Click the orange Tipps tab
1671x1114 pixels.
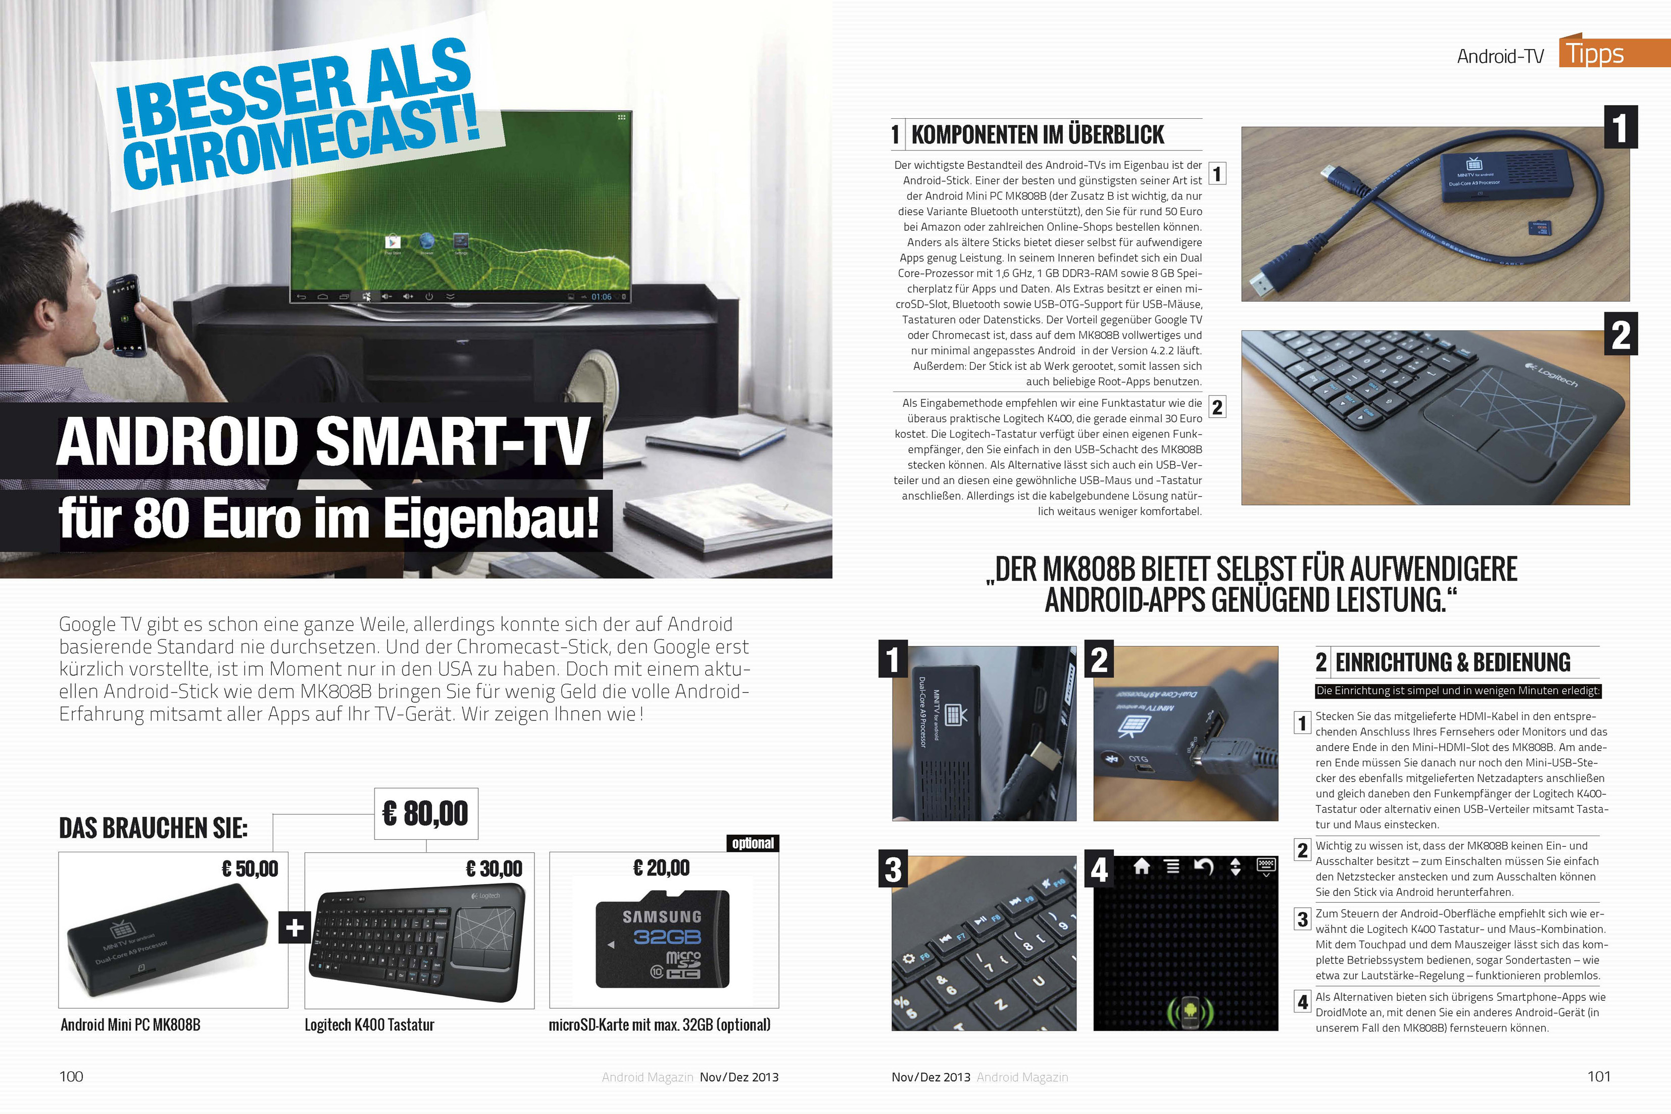pyautogui.click(x=1614, y=53)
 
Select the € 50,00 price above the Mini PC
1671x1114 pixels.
pyautogui.click(x=250, y=868)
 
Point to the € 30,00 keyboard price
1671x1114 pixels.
pyautogui.click(x=494, y=868)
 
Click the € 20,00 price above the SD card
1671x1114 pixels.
pyautogui.click(x=661, y=867)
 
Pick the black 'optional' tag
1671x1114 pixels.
pyautogui.click(x=753, y=843)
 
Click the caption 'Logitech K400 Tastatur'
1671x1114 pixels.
pyautogui.click(x=369, y=1025)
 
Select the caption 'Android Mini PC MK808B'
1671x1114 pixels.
pyautogui.click(x=131, y=1025)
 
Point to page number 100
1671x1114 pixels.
pyautogui.click(x=71, y=1076)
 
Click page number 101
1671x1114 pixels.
pyautogui.click(x=1599, y=1076)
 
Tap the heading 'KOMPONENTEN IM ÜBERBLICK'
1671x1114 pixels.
pyautogui.click(x=1038, y=134)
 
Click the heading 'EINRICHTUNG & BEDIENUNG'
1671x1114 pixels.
pyautogui.click(x=1453, y=662)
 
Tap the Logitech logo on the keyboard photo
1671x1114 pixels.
pyautogui.click(x=1552, y=374)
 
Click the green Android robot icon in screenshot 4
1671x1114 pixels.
pyautogui.click(x=1190, y=1011)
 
